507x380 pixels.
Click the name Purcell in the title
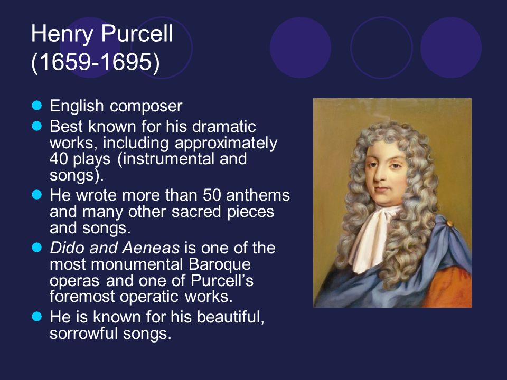coord(137,33)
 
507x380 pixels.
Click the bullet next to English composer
coord(37,106)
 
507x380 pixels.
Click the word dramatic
coord(224,126)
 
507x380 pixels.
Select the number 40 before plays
coord(59,159)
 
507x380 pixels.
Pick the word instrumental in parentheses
coord(166,159)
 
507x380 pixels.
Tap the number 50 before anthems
coord(211,195)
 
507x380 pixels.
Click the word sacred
coord(196,212)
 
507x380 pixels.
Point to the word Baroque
coord(220,264)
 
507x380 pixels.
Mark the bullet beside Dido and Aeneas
coord(37,248)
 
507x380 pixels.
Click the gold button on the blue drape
coord(450,223)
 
